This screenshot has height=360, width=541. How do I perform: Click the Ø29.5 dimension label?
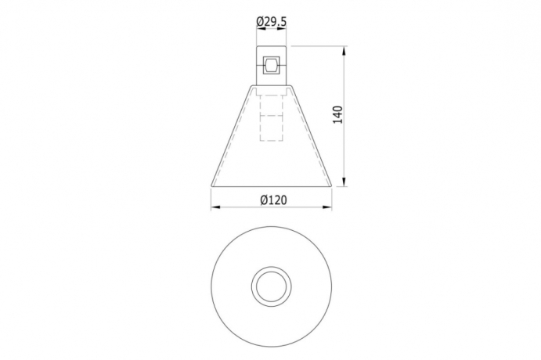click(x=271, y=22)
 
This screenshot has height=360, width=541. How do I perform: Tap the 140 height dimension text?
click(x=338, y=115)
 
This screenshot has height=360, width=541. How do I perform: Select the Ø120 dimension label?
click(x=273, y=200)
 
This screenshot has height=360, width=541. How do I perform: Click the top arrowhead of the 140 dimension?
click(x=344, y=51)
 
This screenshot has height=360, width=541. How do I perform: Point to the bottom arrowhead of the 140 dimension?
click(x=344, y=182)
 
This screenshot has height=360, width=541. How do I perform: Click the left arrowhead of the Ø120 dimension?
click(x=216, y=207)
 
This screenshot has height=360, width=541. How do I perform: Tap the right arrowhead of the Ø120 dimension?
click(x=326, y=207)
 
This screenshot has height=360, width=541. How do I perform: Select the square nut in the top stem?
click(x=271, y=65)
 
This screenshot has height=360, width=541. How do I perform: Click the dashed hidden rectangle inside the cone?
click(x=271, y=117)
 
